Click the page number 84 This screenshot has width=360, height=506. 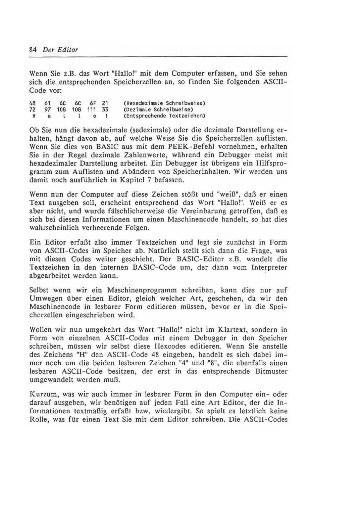(x=33, y=50)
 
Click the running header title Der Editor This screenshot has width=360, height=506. (x=60, y=50)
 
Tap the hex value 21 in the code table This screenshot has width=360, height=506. (x=105, y=103)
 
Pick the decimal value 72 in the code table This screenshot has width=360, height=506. (x=33, y=109)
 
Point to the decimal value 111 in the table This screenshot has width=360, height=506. (x=91, y=109)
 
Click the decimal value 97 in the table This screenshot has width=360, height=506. (x=47, y=109)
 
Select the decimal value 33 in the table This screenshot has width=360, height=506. (x=105, y=109)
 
